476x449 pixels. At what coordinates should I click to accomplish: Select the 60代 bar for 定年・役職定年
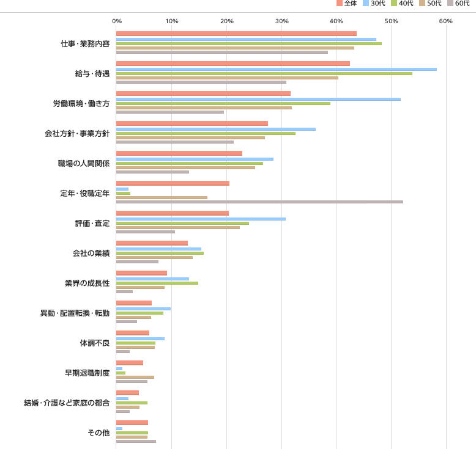259,202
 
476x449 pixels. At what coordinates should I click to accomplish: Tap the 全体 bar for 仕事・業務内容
236,34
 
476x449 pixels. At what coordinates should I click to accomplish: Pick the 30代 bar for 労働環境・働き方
258,99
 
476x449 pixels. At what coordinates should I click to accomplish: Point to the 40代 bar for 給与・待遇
264,73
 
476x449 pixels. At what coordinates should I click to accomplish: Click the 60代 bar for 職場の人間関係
152,172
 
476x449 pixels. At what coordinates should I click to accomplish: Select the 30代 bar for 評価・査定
201,219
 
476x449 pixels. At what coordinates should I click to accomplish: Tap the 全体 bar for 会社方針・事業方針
192,123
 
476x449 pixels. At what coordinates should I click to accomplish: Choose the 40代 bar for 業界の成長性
157,283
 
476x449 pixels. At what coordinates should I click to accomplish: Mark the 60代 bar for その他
136,441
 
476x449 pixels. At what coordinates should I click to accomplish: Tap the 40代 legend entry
402,4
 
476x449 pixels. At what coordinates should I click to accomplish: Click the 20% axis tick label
227,21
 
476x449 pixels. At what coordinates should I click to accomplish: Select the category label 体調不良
95,343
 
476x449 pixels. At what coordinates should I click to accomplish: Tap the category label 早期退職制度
87,373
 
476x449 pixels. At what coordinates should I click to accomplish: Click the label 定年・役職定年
84,193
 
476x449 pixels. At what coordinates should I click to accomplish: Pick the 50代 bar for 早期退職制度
135,377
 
